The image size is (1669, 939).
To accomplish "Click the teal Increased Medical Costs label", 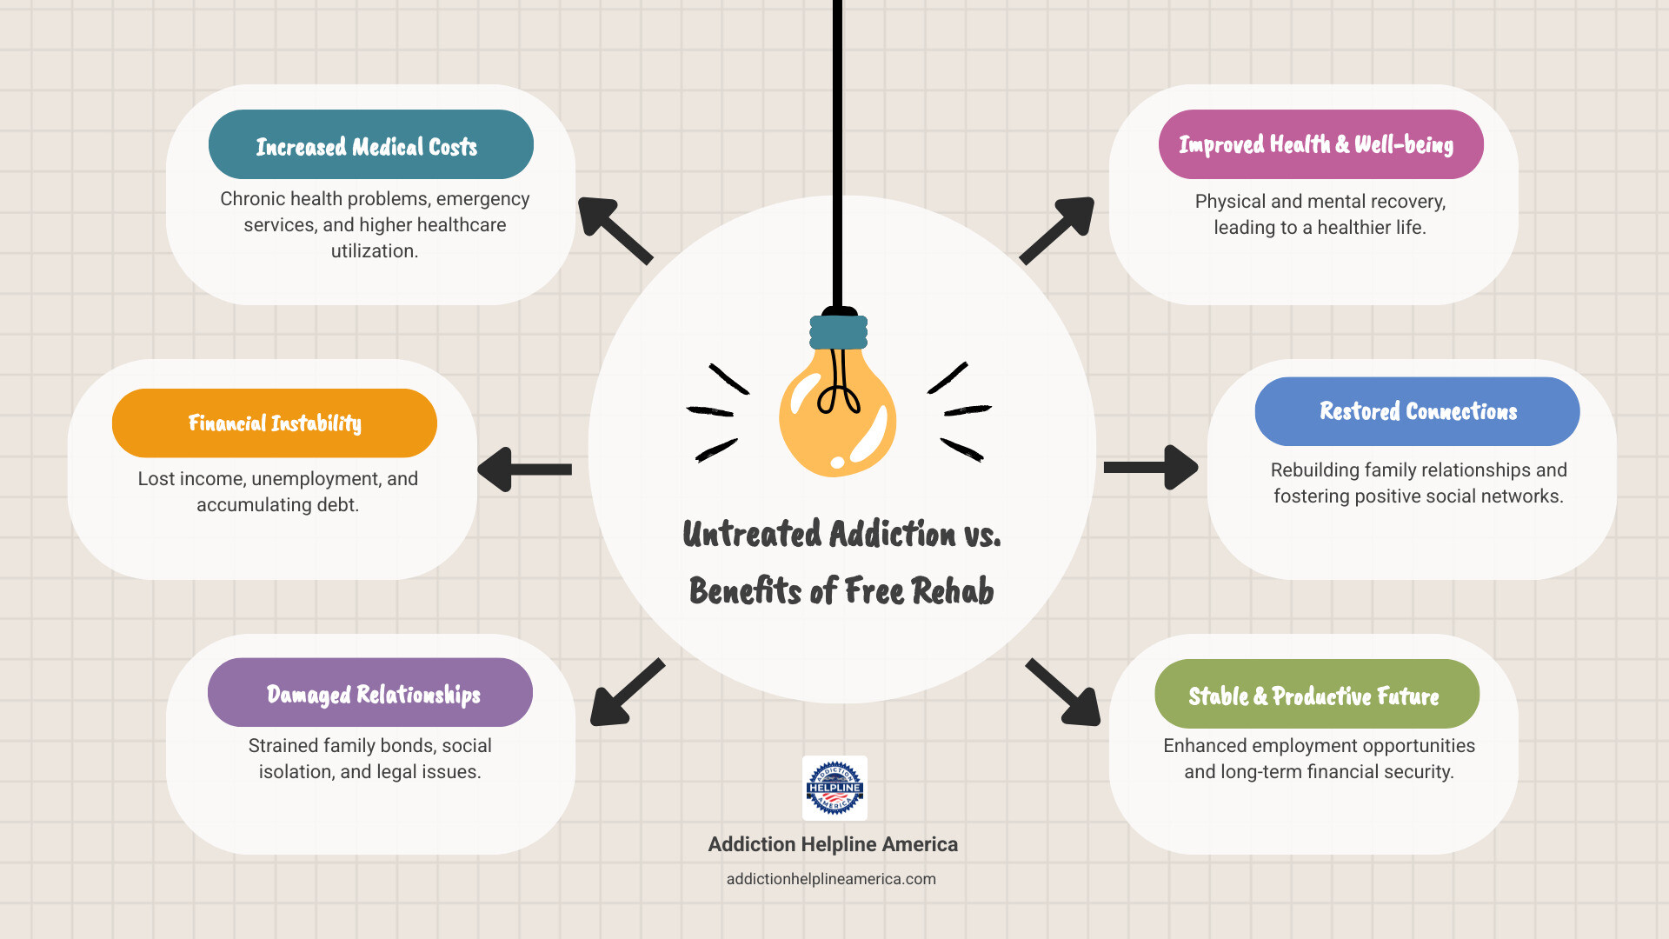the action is point(370,144).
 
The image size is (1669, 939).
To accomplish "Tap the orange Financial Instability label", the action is point(274,423).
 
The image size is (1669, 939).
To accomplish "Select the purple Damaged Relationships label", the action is point(370,693).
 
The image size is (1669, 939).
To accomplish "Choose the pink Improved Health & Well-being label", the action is point(1320,144).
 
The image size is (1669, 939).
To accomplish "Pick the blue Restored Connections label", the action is point(1417,411).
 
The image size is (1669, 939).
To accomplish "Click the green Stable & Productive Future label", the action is point(1316,695).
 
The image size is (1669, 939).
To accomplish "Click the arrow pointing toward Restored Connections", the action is point(1150,468).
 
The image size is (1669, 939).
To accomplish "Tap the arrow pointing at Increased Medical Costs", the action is point(614,230).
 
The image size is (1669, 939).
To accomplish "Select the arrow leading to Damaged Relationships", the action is point(626,693).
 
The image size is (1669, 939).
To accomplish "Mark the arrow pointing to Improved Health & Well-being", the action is point(1057,230).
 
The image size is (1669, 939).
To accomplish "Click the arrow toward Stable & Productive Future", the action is point(1064,693).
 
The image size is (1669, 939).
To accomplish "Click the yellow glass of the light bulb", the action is point(836,417).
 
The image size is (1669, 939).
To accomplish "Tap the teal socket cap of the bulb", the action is point(838,332).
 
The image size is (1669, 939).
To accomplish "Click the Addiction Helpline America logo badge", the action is point(834,788).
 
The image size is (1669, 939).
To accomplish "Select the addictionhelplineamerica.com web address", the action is point(831,879).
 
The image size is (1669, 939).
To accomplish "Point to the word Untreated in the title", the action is point(752,534).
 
